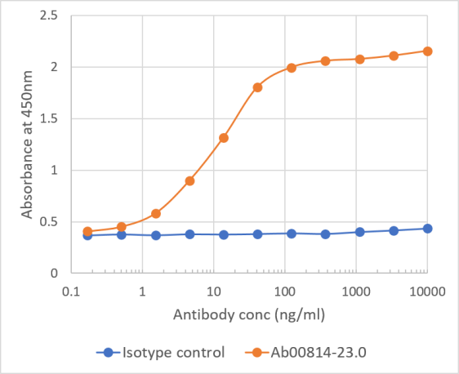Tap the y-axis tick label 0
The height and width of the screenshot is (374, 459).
click(53, 273)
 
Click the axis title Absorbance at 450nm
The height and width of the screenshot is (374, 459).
click(27, 145)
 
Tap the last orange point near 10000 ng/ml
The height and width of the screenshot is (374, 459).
click(427, 51)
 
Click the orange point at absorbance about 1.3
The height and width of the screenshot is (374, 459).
click(223, 137)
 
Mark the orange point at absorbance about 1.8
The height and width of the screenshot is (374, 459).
click(257, 87)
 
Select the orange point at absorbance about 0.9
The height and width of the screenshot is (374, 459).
click(189, 180)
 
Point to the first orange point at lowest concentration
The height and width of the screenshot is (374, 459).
click(88, 231)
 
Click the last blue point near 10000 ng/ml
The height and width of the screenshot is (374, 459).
click(427, 228)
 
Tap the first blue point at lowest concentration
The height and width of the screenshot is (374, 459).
click(88, 235)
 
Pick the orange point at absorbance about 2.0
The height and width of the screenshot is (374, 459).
click(291, 68)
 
